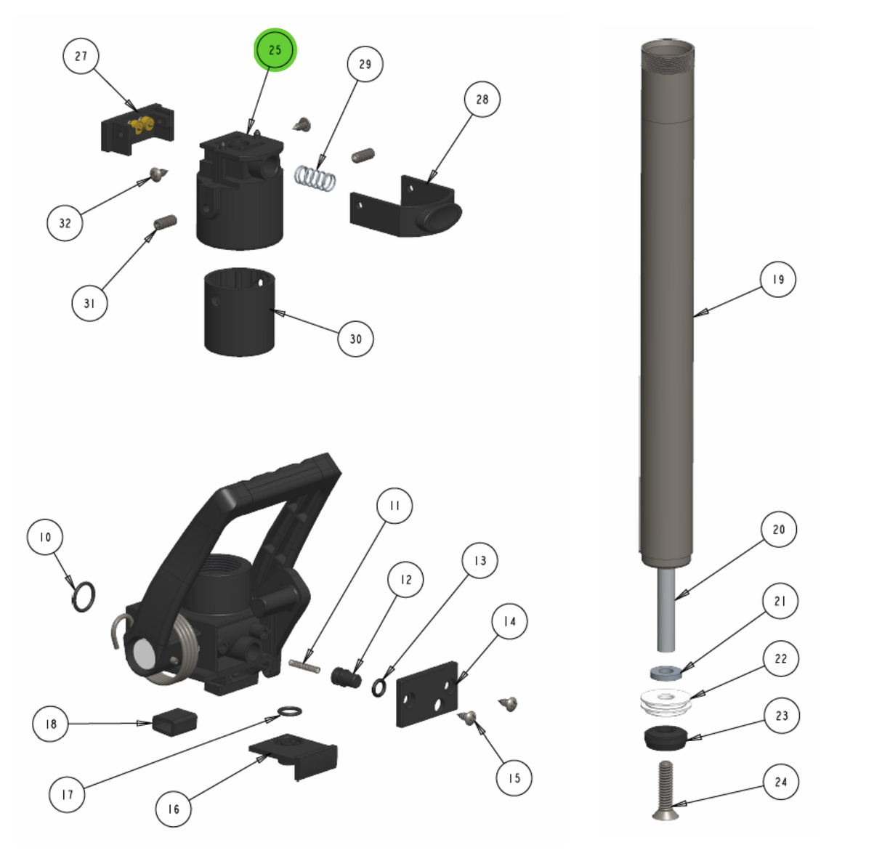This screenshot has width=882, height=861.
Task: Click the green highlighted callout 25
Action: (x=275, y=50)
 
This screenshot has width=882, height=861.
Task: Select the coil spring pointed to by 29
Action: (x=316, y=178)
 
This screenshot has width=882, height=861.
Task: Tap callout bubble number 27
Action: (x=81, y=56)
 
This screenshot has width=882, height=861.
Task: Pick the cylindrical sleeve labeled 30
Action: (x=239, y=312)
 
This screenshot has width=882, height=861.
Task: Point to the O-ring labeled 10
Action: (x=83, y=596)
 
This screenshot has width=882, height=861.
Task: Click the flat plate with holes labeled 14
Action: (x=426, y=695)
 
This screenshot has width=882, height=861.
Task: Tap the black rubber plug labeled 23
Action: (x=665, y=737)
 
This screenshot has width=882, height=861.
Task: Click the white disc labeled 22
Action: (x=665, y=701)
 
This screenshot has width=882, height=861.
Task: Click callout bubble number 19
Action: (x=778, y=279)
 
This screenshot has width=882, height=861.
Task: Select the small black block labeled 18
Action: (x=174, y=721)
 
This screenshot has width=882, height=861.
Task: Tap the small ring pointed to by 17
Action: (x=290, y=710)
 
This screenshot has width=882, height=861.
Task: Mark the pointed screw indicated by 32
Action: (x=158, y=174)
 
